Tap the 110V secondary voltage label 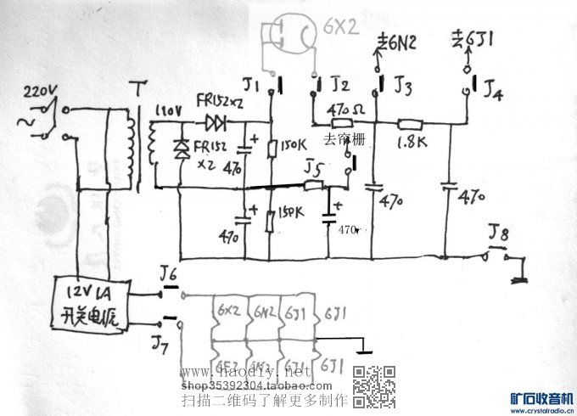point(165,110)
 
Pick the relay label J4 point(492,89)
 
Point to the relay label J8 point(499,232)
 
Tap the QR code point(374,386)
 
